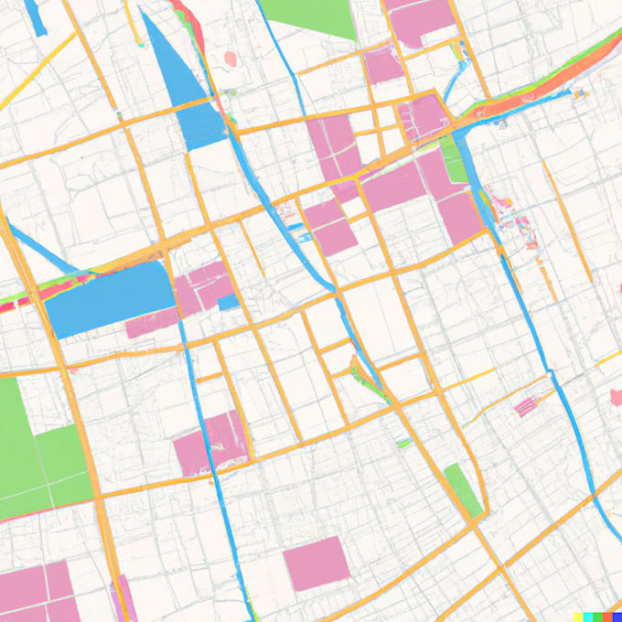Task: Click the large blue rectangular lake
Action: (x=108, y=300)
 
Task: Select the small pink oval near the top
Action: (x=231, y=59)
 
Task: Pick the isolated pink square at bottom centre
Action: (x=316, y=563)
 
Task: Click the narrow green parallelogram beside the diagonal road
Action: (x=464, y=489)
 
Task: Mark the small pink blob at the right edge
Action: (x=617, y=396)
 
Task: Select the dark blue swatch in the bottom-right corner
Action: (x=617, y=617)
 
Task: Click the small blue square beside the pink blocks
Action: (x=229, y=301)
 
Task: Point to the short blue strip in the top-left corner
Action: (x=36, y=16)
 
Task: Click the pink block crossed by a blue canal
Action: (x=216, y=444)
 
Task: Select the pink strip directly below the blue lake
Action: (x=152, y=324)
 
